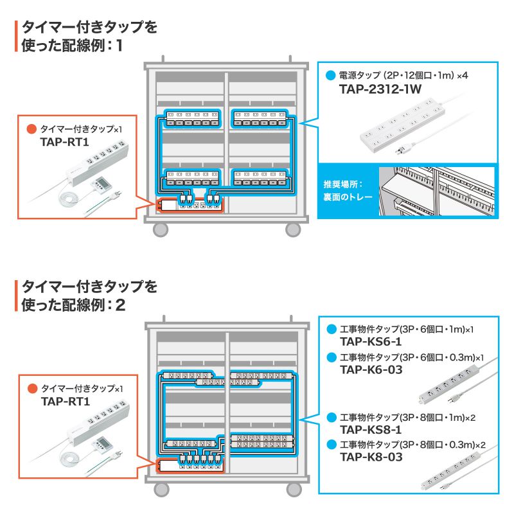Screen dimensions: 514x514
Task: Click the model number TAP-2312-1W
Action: tap(380, 90)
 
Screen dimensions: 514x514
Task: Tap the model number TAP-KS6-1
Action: tap(371, 341)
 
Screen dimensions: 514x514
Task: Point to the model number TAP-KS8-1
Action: tap(371, 430)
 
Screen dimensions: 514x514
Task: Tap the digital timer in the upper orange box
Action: tap(102, 185)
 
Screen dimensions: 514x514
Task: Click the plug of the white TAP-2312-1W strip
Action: tap(400, 150)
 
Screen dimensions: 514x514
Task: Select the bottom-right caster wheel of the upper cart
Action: tap(293, 229)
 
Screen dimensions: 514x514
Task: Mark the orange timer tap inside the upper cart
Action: tap(189, 206)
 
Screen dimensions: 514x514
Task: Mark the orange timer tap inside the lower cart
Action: tap(189, 464)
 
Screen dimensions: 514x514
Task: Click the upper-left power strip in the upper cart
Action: tap(192, 119)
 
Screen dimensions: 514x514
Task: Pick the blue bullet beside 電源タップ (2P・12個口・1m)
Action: tap(330, 75)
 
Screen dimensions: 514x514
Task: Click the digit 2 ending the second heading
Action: tap(120, 304)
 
